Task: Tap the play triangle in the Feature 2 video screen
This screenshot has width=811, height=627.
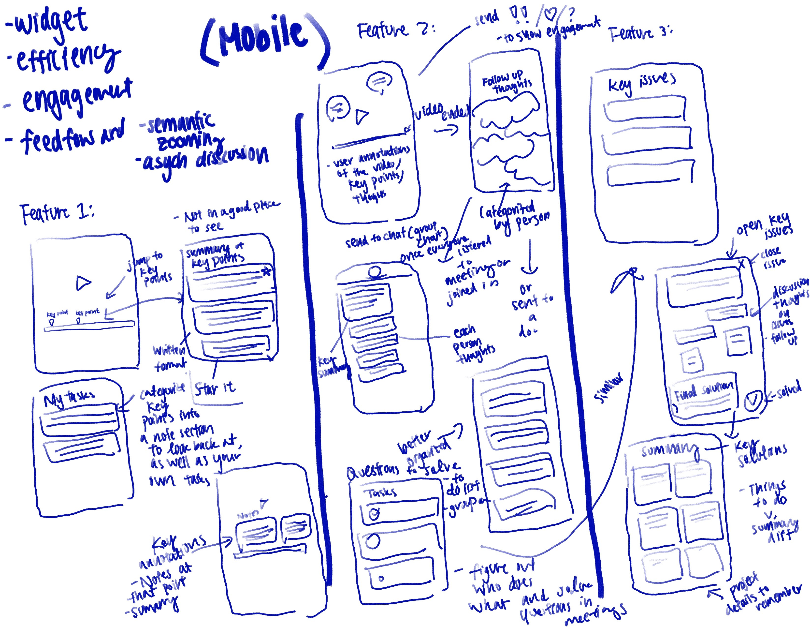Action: coord(362,116)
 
